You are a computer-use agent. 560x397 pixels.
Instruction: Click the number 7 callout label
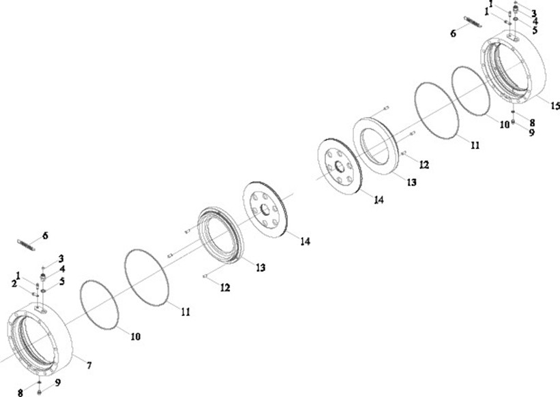pos(89,366)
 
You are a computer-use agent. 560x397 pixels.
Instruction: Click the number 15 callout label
pos(555,106)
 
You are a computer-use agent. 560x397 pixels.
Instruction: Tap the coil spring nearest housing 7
pos(24,242)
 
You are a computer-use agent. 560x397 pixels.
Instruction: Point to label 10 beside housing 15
pos(504,125)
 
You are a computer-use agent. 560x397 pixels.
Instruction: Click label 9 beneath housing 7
pos(57,383)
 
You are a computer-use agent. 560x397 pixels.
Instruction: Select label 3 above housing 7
pos(61,259)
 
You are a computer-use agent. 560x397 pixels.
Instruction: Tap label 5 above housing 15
pos(535,31)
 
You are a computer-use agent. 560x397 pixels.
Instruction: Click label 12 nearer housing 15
pos(424,165)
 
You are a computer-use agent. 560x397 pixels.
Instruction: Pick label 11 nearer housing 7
pos(186,312)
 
